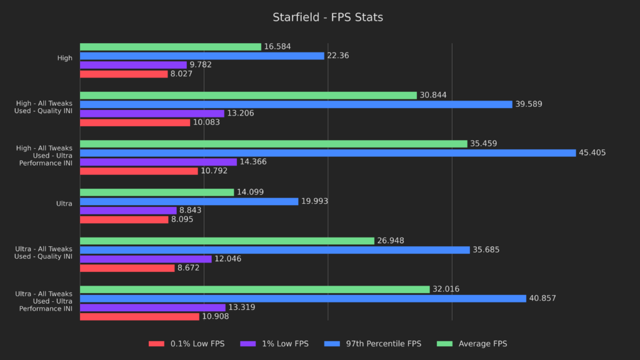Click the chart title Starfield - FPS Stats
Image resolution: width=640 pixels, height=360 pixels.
(x=327, y=17)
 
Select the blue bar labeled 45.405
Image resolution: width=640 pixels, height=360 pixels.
(x=327, y=152)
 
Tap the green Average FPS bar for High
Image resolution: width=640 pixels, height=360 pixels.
(x=170, y=47)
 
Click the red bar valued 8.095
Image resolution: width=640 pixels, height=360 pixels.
(x=124, y=219)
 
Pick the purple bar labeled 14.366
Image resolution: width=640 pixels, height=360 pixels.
(x=158, y=162)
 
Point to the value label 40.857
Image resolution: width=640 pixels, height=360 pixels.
(x=542, y=298)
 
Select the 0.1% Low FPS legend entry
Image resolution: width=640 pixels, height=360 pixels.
(x=186, y=343)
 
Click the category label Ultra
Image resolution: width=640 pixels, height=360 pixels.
(x=64, y=203)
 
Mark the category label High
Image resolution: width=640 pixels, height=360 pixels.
(x=65, y=58)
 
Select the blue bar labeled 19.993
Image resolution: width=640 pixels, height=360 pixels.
(x=189, y=201)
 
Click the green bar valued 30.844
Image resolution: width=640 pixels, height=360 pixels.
(x=248, y=95)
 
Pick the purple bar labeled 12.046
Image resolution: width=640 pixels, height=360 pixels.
(x=146, y=259)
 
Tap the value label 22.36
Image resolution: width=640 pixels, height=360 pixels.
(x=339, y=56)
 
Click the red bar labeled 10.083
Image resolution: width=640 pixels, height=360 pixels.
(x=134, y=122)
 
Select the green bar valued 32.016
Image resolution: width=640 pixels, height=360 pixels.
(x=254, y=289)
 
